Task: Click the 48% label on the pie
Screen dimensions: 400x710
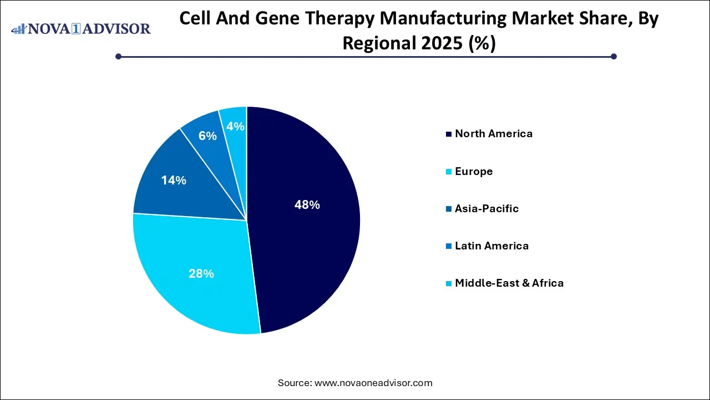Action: [x=307, y=205]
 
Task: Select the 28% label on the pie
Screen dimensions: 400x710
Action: [x=201, y=274]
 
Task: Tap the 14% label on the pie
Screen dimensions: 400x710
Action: [x=174, y=181]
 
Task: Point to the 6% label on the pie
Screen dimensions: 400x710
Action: [x=207, y=136]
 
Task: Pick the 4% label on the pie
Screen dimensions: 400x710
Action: [x=235, y=127]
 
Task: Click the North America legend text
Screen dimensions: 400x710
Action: [x=493, y=133]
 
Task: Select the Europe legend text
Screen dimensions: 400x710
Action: [x=473, y=171]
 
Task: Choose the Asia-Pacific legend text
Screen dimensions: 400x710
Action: [x=486, y=208]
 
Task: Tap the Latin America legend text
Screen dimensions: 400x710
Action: [x=491, y=246]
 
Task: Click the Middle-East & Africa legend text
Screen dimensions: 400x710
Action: [x=509, y=283]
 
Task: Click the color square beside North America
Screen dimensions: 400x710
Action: [x=448, y=134]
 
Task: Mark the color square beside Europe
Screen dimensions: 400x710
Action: [x=448, y=172]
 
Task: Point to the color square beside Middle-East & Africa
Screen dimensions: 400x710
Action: [x=448, y=283]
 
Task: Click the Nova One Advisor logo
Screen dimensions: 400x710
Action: [x=81, y=28]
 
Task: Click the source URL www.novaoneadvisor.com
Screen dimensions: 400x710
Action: [x=373, y=383]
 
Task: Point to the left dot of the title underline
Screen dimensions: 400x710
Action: [x=118, y=56]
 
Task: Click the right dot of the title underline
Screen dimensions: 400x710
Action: [x=613, y=56]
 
